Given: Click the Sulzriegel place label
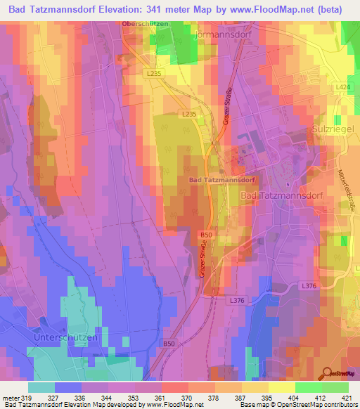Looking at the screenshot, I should click(335, 131).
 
